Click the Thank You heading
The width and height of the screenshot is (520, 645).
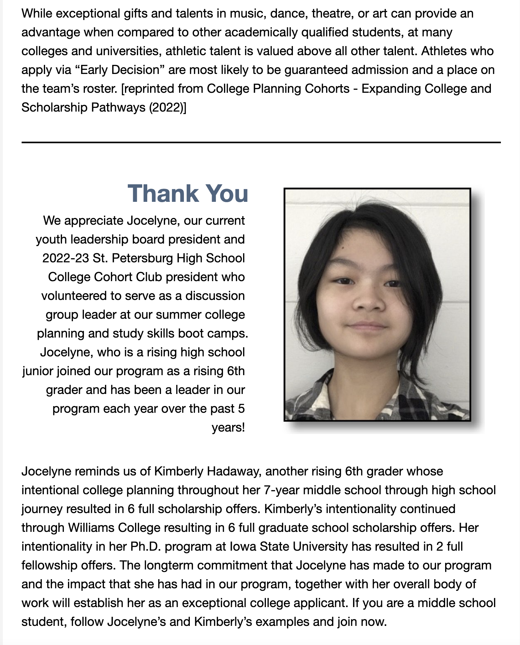[188, 194]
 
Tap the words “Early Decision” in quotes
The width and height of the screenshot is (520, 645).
[120, 70]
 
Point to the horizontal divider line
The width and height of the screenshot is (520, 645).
[261, 143]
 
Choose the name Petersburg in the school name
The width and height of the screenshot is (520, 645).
[142, 258]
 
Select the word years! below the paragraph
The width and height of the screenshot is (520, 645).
[228, 427]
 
